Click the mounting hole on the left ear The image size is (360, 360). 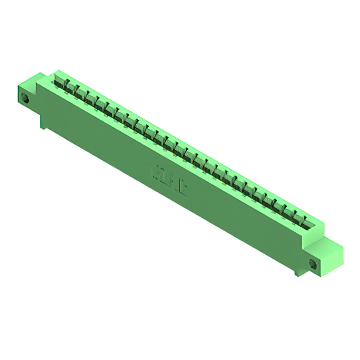coord(25,98)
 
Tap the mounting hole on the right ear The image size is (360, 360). coord(313,263)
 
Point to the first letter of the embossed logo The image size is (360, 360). coord(157,170)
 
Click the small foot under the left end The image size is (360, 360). coord(43,122)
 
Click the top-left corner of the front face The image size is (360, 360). coord(38,85)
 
